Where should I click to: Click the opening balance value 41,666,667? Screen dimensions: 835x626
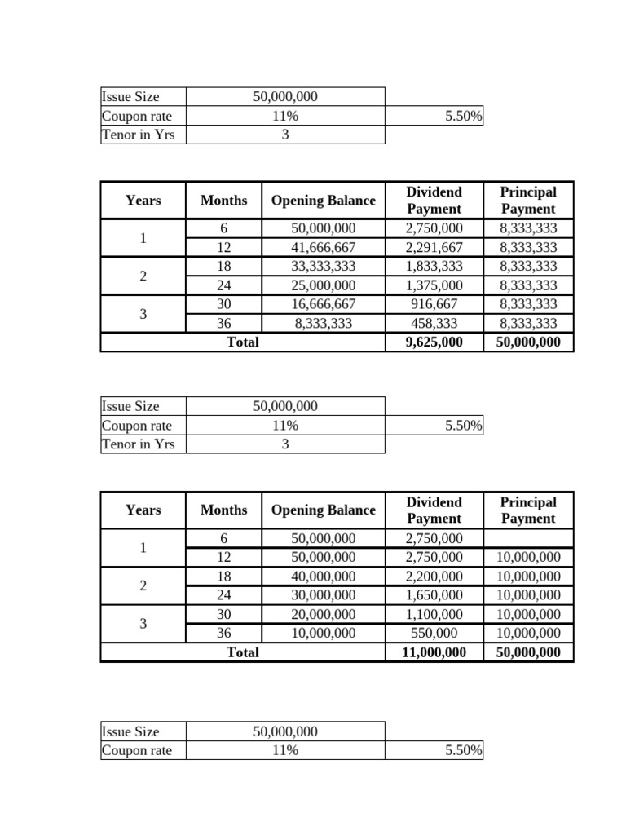324,247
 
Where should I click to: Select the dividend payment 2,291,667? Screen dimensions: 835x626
434,247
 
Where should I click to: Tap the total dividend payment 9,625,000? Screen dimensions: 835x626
434,342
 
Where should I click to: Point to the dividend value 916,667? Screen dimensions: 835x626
434,304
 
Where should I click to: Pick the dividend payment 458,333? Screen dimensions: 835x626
434,323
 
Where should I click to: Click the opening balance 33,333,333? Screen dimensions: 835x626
324,266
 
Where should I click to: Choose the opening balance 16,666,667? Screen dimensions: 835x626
324,304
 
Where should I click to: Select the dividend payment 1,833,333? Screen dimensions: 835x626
434,266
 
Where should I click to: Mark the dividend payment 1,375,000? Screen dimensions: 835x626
434,285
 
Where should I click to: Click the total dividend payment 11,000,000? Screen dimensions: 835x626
434,652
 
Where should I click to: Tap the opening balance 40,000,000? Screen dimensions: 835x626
324,576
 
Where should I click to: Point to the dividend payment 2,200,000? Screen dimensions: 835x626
434,576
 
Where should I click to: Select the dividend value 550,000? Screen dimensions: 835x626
434,633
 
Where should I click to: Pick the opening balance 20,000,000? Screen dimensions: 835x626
324,614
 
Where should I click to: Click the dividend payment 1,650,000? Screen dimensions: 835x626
434,595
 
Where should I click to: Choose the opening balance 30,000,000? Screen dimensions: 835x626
324,595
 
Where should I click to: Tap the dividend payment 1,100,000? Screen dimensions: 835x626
434,614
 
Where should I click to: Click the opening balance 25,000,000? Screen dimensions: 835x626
324,285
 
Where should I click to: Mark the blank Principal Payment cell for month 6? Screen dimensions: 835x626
528,538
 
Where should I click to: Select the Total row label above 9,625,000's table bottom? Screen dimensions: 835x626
242,342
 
